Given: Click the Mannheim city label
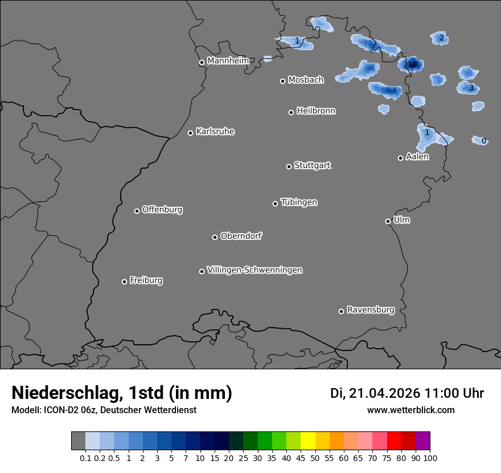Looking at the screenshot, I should (x=228, y=60).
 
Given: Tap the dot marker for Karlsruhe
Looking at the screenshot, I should (x=191, y=133).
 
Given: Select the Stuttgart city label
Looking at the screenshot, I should (x=312, y=165).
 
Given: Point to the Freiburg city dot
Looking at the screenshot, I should (x=124, y=282).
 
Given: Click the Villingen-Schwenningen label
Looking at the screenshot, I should (x=254, y=270).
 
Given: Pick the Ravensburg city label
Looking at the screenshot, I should (x=371, y=310).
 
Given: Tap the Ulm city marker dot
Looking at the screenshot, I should (x=388, y=221).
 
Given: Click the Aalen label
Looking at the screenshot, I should (x=417, y=157).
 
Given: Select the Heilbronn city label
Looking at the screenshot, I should (x=316, y=111).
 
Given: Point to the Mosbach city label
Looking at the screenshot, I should (x=306, y=80).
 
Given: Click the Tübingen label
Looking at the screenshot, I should (x=299, y=202).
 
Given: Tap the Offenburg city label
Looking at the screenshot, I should (x=162, y=209).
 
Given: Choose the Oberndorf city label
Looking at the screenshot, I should (x=241, y=236).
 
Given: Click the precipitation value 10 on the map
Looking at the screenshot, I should (x=412, y=64).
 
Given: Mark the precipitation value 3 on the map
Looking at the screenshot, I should (x=471, y=88).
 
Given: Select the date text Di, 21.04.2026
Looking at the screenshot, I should (x=375, y=393).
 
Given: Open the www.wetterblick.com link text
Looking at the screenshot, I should (x=410, y=410).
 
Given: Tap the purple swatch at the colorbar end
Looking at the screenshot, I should (x=422, y=441).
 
